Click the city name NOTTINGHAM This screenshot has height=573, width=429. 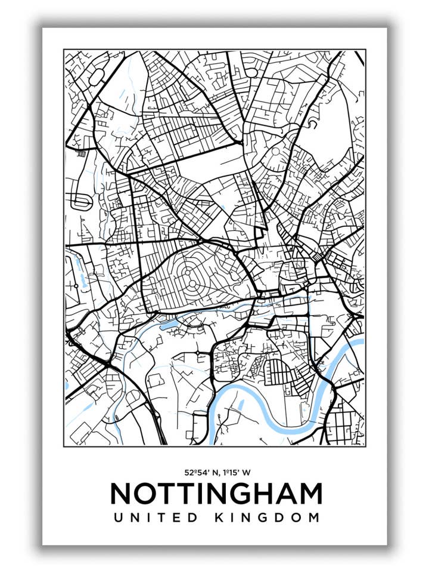(x=216, y=494)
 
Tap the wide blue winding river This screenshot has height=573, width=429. (x=262, y=418)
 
